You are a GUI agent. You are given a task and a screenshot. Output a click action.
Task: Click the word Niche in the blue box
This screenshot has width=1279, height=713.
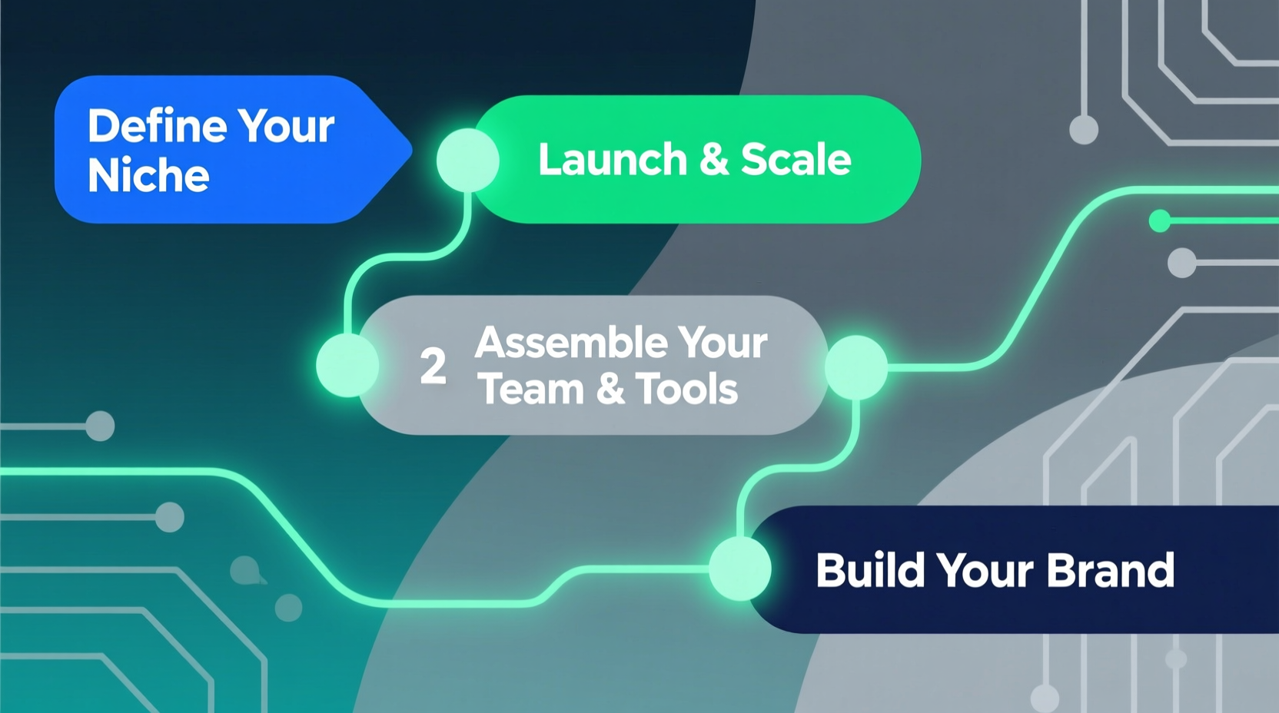coord(148,176)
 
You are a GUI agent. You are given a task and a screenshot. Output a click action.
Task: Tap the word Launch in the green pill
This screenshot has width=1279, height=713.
coord(612,160)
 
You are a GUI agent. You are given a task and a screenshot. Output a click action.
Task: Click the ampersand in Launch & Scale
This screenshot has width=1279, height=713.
coord(713,160)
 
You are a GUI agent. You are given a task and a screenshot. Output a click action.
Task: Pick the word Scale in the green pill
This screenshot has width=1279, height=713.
coord(796,160)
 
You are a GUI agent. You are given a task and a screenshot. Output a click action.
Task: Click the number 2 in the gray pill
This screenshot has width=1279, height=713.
coord(433,366)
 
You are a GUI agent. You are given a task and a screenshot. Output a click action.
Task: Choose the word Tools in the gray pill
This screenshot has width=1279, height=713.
coord(686,389)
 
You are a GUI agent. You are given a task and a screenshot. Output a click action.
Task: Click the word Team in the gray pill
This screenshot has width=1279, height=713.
coord(531,389)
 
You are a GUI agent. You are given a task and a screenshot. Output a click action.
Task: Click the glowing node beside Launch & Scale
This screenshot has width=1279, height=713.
coord(467,160)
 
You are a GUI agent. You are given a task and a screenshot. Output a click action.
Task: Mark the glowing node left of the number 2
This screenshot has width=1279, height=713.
coord(347,365)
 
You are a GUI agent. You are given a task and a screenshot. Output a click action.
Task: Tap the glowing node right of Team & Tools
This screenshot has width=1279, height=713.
coord(856,367)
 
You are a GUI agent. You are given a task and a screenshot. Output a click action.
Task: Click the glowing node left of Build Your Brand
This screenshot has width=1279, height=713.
coord(739,569)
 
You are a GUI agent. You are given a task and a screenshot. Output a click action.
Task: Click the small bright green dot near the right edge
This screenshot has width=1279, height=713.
coord(1159,221)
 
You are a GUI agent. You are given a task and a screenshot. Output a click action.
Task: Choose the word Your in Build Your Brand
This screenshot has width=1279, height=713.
coord(985,570)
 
